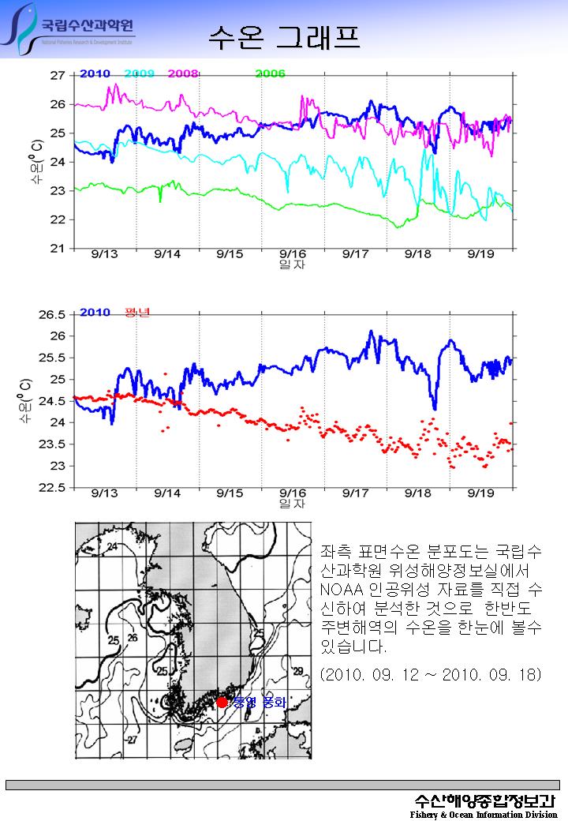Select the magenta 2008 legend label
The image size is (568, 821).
coord(183,73)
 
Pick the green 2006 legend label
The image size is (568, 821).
coord(270,73)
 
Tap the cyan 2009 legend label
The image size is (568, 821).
coord(139,73)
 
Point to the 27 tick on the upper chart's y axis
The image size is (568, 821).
coord(57,75)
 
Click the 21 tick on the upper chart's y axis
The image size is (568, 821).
coord(57,249)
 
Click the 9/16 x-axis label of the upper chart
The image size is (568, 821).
coord(293,254)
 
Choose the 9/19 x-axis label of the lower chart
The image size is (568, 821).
coord(481,493)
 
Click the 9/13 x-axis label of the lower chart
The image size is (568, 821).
coord(105,493)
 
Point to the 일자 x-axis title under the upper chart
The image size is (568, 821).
coord(292,264)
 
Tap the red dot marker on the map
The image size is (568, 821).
coord(222,702)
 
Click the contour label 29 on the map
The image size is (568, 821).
coord(297,671)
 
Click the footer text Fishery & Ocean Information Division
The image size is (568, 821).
coord(484,814)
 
